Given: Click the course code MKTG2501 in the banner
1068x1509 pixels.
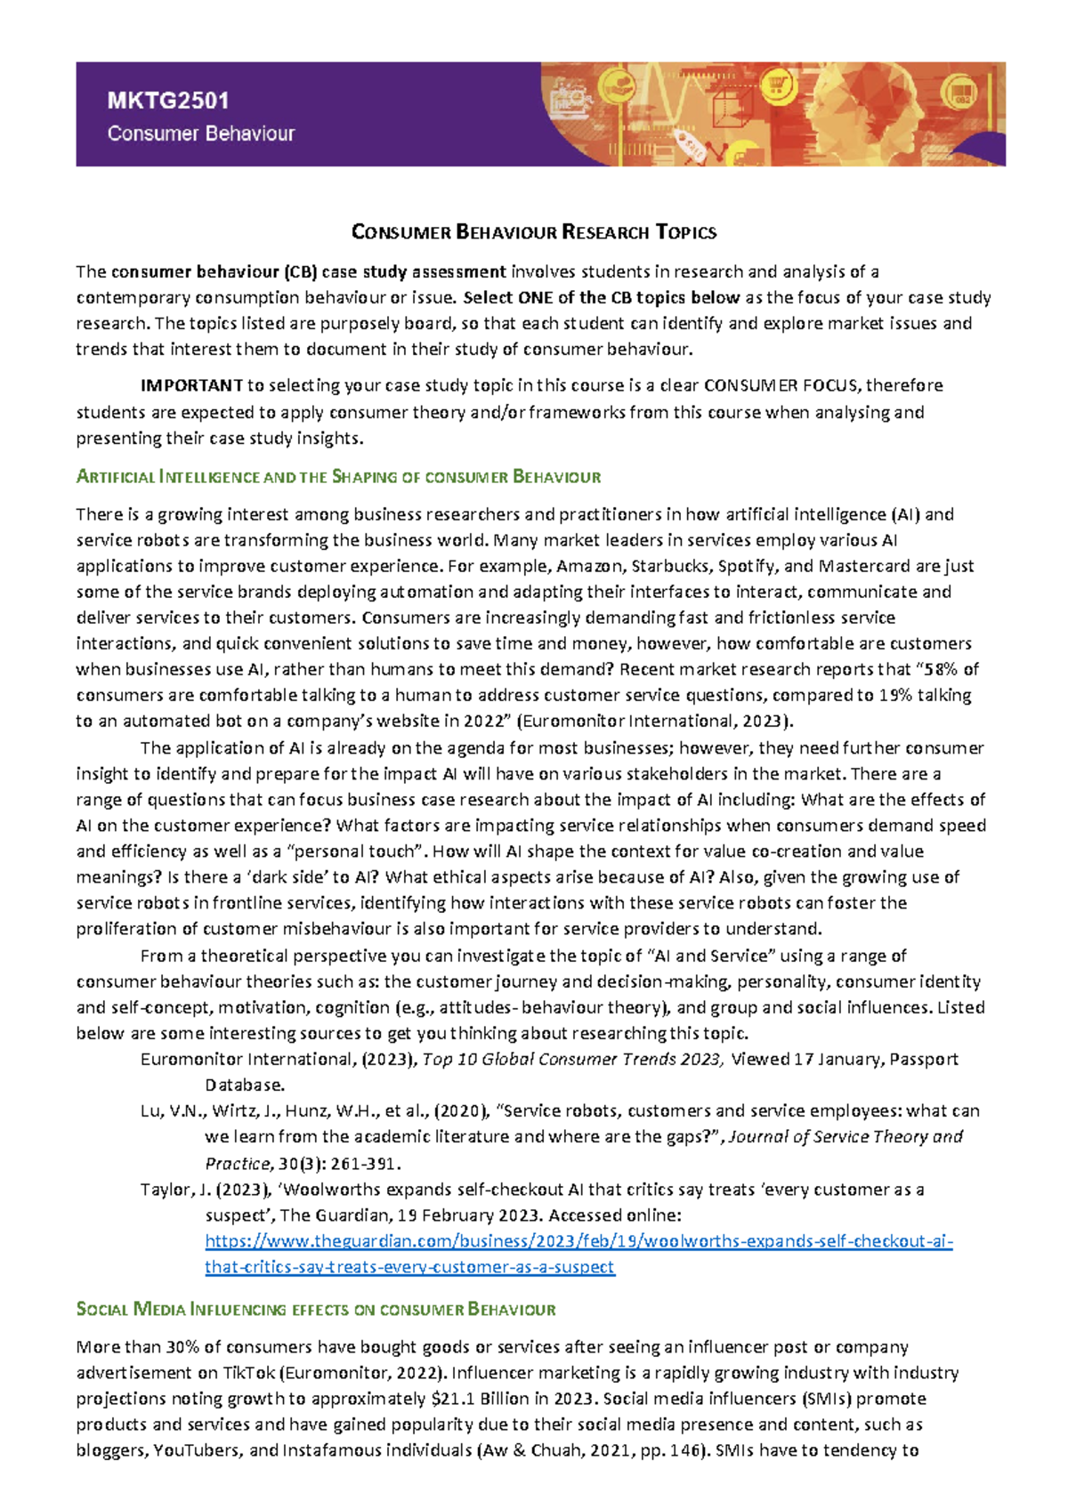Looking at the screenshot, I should point(168,101).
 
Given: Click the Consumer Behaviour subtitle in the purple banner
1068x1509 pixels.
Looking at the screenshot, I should point(200,133).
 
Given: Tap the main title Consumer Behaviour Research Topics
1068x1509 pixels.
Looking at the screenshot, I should point(534,233).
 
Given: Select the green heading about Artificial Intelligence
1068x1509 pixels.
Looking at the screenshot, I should point(338,477).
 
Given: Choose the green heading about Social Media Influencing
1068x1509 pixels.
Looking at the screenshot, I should point(316,1310).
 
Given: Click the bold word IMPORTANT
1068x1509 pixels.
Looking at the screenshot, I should point(191,385).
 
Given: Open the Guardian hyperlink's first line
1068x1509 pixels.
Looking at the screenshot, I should point(578,1241).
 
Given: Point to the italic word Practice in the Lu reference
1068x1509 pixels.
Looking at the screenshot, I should point(236,1164).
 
